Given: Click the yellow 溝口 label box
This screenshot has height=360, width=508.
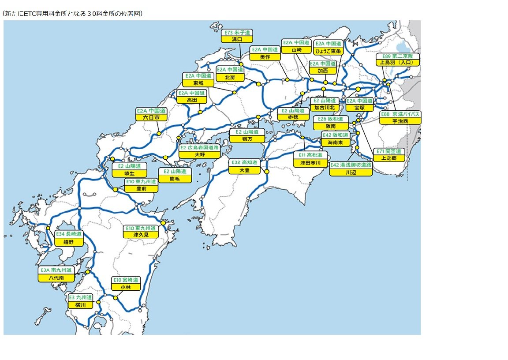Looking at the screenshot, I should pyautogui.click(x=237, y=39).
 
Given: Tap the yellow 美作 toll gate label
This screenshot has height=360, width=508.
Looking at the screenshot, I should pyautogui.click(x=265, y=57).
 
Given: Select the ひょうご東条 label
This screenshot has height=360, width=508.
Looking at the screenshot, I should pyautogui.click(x=328, y=51).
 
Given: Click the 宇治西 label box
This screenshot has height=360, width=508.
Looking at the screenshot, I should pyautogui.click(x=400, y=121).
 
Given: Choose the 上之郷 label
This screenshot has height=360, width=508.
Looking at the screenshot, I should pyautogui.click(x=388, y=158).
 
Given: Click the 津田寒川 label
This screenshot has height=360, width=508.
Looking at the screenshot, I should pyautogui.click(x=310, y=163).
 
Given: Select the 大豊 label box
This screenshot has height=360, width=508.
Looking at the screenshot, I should pyautogui.click(x=244, y=170).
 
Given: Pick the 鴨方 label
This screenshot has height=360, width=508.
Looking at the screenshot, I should pyautogui.click(x=247, y=139).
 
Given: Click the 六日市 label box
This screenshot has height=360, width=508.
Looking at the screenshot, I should pyautogui.click(x=151, y=118).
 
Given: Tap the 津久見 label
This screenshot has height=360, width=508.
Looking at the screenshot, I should pyautogui.click(x=141, y=235).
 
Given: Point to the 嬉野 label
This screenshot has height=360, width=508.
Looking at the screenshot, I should pyautogui.click(x=68, y=242).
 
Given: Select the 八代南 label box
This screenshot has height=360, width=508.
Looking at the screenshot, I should pyautogui.click(x=56, y=278).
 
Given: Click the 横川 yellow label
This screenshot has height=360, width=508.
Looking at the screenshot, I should pyautogui.click(x=81, y=305).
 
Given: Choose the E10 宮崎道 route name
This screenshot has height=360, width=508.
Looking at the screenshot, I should pyautogui.click(x=126, y=280).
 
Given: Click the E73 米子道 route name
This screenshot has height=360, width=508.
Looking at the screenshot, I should pyautogui.click(x=237, y=33).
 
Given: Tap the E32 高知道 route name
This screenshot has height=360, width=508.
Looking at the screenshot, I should pyautogui.click(x=244, y=163).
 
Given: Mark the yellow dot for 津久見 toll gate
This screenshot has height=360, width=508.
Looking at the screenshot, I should pyautogui.click(x=163, y=223).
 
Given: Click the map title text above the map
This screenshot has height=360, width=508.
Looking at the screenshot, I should pyautogui.click(x=72, y=14).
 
